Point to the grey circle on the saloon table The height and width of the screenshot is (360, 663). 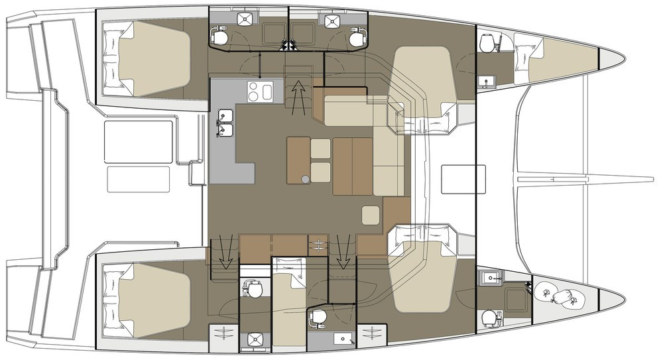point(304,179)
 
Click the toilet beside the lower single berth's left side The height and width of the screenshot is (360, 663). point(253,290)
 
